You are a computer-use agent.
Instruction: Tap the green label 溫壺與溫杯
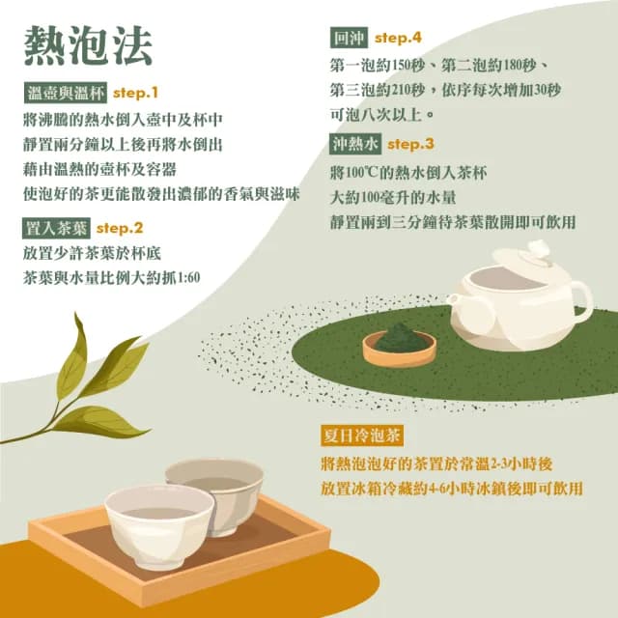point(65,94)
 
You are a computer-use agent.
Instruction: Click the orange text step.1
point(135,94)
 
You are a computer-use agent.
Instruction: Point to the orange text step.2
point(120,229)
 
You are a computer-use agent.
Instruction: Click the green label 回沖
point(347,40)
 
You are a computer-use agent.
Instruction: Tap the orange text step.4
point(399,39)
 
